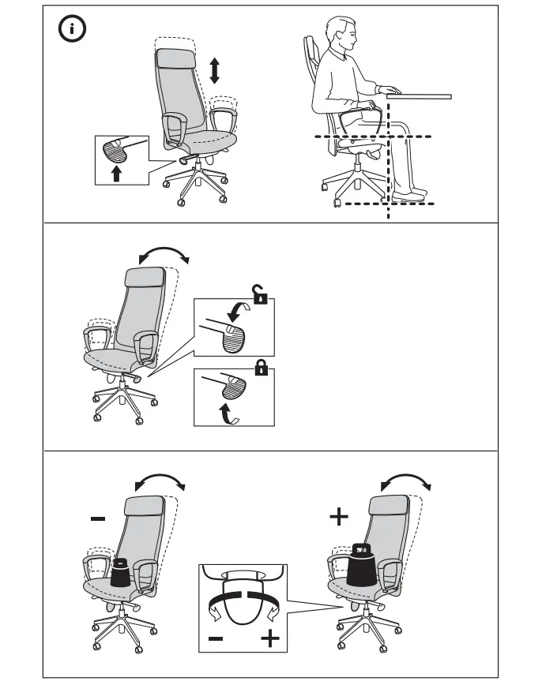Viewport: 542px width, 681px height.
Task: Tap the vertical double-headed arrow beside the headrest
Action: [x=214, y=69]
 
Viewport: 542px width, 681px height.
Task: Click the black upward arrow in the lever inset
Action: [x=117, y=172]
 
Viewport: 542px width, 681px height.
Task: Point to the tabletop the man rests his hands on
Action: [x=419, y=96]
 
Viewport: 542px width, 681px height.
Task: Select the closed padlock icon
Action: [x=260, y=368]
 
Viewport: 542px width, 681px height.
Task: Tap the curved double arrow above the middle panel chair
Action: [x=164, y=254]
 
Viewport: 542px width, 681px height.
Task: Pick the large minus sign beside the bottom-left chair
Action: [x=97, y=518]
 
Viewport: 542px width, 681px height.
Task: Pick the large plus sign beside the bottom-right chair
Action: [x=338, y=517]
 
